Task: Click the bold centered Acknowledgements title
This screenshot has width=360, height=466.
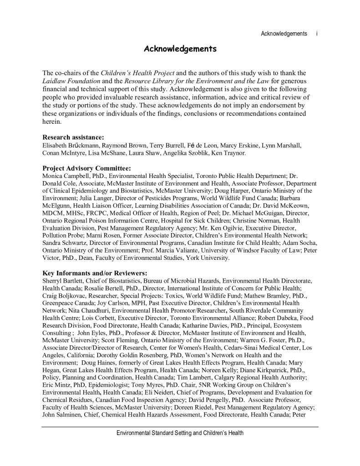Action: pyautogui.click(x=180, y=49)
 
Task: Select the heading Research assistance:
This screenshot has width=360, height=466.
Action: pyautogui.click(x=73, y=137)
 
